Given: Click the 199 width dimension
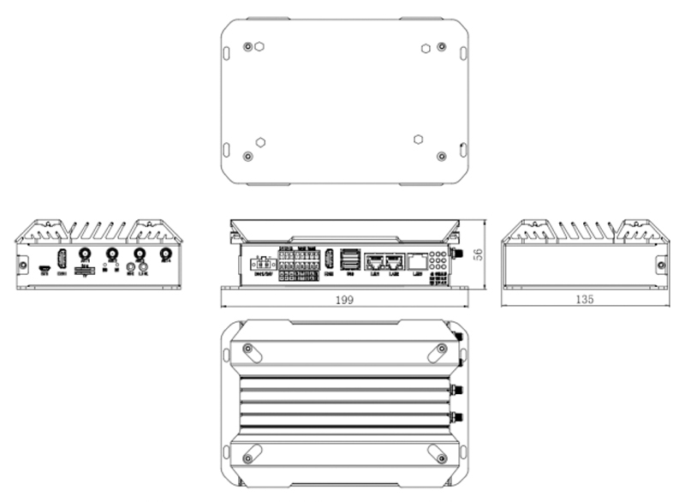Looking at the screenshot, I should (344, 300).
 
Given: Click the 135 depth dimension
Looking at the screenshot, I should (586, 300).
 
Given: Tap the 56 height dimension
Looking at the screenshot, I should (479, 254).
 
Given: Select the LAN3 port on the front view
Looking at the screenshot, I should (416, 262).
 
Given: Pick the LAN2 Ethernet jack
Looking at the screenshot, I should (395, 262).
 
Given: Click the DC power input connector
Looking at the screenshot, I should (262, 265).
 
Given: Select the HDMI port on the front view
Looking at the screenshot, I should (329, 259).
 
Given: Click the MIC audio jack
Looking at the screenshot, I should (130, 268).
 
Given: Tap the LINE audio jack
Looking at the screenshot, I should (143, 268).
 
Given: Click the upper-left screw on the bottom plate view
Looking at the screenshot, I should (247, 46).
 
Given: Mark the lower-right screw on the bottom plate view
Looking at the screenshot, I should (441, 155).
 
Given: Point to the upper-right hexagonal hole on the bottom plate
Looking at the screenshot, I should (425, 48).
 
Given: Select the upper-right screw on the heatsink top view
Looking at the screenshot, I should (441, 348).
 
